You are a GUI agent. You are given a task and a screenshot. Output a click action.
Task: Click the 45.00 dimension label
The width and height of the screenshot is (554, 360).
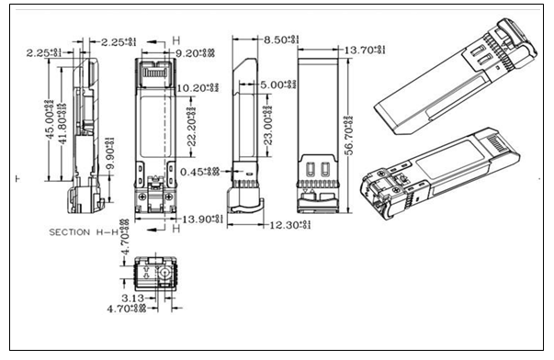[47, 114]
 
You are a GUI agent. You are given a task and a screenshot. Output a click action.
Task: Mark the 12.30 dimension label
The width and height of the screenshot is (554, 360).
[292, 224]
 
